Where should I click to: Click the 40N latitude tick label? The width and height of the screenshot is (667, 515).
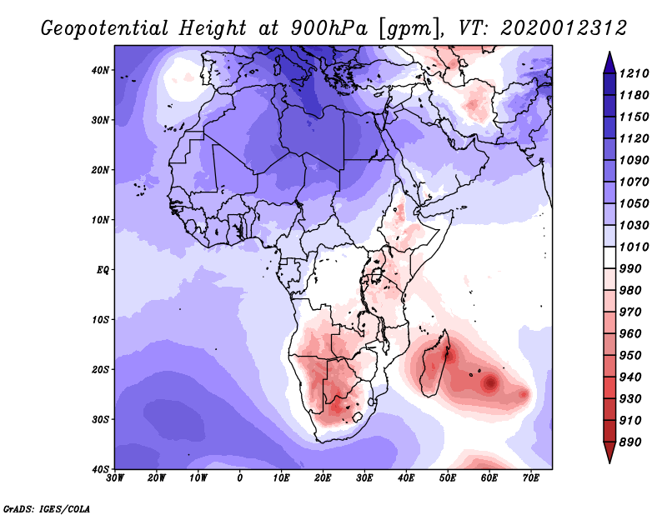click(x=100, y=70)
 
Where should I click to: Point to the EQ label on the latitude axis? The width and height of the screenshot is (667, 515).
click(x=103, y=270)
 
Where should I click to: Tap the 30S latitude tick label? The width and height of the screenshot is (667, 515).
click(x=100, y=419)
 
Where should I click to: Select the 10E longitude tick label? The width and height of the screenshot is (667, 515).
click(x=281, y=478)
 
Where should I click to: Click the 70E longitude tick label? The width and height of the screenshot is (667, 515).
click(x=531, y=478)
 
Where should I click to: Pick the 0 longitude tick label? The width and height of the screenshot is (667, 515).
click(x=240, y=478)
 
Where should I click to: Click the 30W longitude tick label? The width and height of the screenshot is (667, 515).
click(x=115, y=478)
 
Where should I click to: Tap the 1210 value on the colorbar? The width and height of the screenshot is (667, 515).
click(x=634, y=73)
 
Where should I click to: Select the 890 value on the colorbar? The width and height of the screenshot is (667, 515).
click(x=630, y=442)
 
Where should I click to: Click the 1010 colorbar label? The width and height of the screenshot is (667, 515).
click(x=634, y=247)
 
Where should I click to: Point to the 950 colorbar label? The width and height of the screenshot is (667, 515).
click(x=630, y=356)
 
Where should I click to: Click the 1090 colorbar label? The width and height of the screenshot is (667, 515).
click(x=634, y=160)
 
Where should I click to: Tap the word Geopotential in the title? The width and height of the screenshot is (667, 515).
click(x=105, y=29)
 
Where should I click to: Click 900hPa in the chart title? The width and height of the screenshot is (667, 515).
click(x=328, y=28)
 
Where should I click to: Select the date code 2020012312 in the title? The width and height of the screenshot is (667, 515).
click(x=564, y=28)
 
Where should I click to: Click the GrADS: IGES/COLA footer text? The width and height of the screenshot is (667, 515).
click(x=47, y=509)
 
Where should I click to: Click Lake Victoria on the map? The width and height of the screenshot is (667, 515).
click(x=377, y=275)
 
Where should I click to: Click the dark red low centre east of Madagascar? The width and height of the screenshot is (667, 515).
click(x=490, y=382)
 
